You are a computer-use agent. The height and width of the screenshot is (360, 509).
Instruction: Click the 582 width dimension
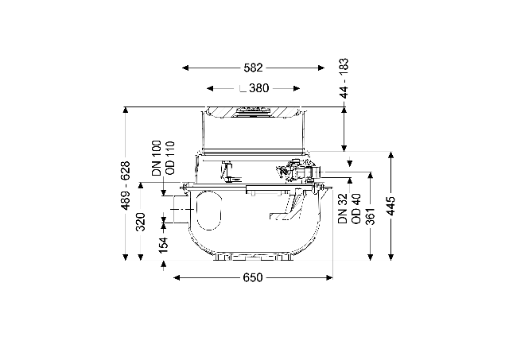point(253,68)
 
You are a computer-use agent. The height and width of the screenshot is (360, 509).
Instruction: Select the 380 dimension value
point(259,88)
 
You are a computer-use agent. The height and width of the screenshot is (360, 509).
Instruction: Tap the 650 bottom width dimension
point(253,277)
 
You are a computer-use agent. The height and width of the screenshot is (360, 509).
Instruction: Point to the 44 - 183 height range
point(344,78)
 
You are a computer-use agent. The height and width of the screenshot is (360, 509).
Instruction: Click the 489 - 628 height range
point(126,185)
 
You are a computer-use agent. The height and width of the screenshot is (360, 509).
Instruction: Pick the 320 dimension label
point(141,222)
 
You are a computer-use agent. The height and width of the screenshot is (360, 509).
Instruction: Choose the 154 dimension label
point(164,245)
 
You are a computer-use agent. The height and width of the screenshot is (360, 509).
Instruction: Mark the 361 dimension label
point(371,216)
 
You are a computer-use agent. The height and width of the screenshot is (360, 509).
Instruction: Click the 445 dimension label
point(391,206)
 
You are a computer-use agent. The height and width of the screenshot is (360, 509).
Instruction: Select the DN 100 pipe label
point(157,158)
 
